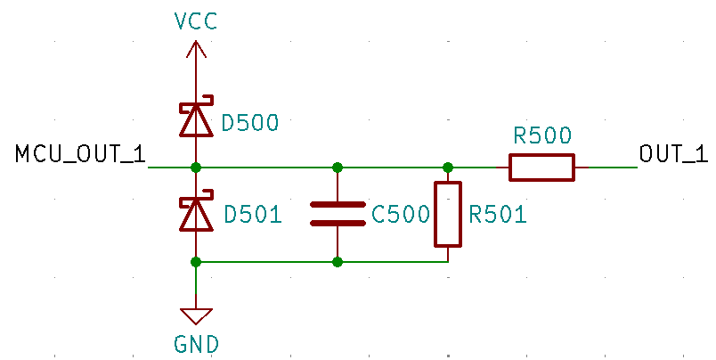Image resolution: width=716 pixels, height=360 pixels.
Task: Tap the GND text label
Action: pyautogui.click(x=196, y=343)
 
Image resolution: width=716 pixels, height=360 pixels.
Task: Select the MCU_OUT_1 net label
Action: pyautogui.click(x=80, y=154)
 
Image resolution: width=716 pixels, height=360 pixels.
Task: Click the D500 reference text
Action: pyautogui.click(x=250, y=123)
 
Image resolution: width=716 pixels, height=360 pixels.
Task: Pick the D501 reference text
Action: pyautogui.click(x=253, y=215)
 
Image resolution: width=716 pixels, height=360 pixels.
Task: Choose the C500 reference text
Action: pyautogui.click(x=401, y=215)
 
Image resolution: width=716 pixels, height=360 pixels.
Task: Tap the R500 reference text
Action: pyautogui.click(x=542, y=135)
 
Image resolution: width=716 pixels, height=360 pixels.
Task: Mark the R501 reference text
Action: pyautogui.click(x=498, y=215)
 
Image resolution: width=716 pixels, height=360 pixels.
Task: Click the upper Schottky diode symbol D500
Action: pyautogui.click(x=196, y=120)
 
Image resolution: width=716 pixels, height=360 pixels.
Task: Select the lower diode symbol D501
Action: pyautogui.click(x=196, y=213)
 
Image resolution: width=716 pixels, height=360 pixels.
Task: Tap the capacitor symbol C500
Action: pyautogui.click(x=338, y=214)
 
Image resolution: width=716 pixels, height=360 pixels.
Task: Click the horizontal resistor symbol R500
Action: pyautogui.click(x=541, y=167)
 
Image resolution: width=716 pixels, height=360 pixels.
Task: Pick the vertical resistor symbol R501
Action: pyautogui.click(x=448, y=214)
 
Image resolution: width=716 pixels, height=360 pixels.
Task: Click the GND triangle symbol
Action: pyautogui.click(x=196, y=316)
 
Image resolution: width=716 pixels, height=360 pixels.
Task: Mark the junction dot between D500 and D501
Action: pyautogui.click(x=196, y=167)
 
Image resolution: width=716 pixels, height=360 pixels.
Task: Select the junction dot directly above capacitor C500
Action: pyautogui.click(x=338, y=167)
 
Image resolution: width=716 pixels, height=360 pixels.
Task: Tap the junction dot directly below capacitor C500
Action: pyautogui.click(x=338, y=262)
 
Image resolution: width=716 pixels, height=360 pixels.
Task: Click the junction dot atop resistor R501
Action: pyautogui.click(x=448, y=167)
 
